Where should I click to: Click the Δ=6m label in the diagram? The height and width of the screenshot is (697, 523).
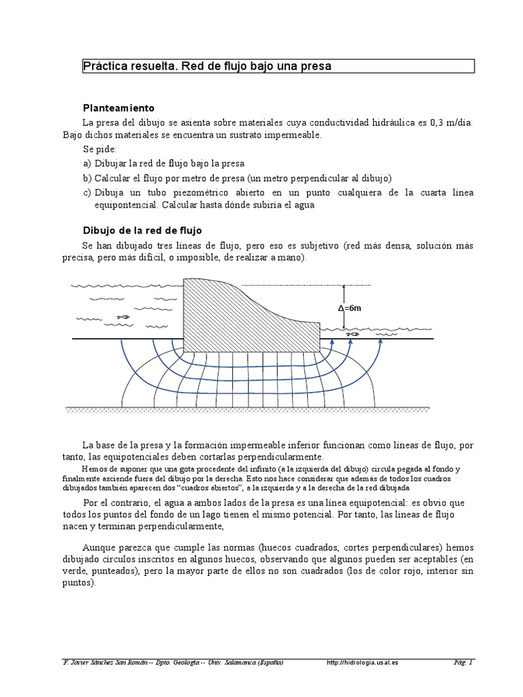(349, 308)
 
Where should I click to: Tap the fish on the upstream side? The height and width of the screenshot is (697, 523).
(123, 317)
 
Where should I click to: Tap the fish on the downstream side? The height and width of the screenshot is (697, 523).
(351, 334)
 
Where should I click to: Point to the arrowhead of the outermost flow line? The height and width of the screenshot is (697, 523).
(381, 343)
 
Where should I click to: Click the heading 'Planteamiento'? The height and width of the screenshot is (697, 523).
(118, 108)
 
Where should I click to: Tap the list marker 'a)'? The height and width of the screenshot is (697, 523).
(87, 164)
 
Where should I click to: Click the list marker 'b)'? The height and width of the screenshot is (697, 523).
(87, 178)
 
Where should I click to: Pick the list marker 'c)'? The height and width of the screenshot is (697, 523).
(87, 193)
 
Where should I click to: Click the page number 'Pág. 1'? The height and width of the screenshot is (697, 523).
(463, 662)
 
